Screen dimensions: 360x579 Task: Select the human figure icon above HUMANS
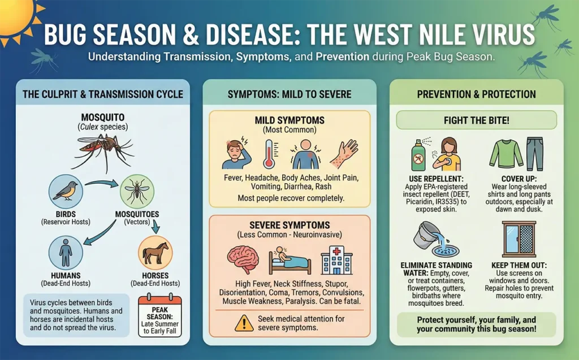66,253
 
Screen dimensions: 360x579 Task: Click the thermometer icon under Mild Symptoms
268,153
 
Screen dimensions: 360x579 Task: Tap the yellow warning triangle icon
244,323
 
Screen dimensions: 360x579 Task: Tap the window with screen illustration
519,239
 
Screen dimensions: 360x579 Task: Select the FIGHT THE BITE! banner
476,120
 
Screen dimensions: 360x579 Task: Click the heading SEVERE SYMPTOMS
289,225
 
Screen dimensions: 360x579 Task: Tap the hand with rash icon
344,153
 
